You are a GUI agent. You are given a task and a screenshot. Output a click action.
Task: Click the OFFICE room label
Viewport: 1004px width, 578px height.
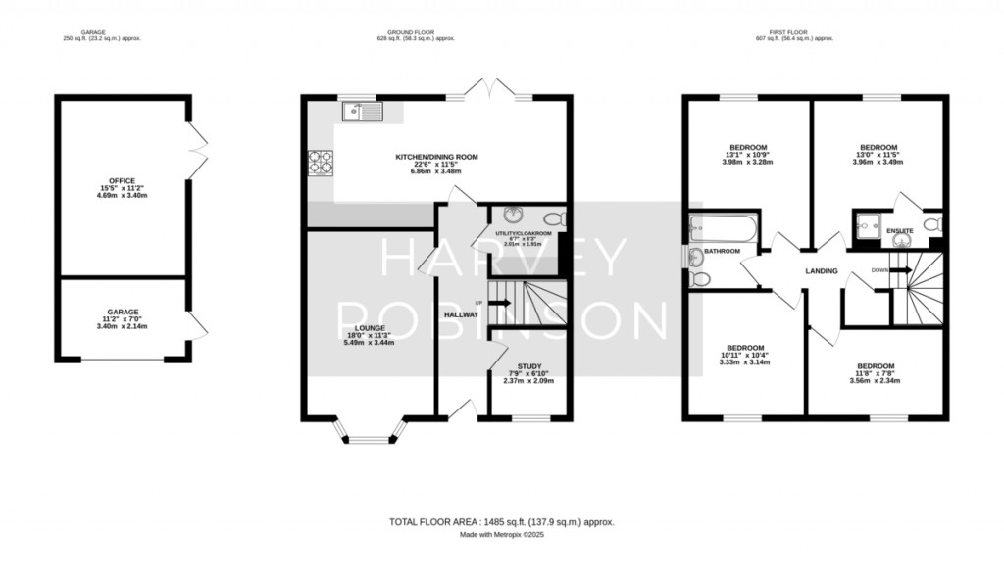point(122,180)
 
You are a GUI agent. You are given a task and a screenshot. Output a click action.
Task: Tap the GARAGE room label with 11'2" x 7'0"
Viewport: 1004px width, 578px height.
point(123,312)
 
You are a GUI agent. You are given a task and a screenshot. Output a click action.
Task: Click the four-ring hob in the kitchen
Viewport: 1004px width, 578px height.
point(322,160)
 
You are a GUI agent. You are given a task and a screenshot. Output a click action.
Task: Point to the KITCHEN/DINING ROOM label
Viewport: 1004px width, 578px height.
point(436,157)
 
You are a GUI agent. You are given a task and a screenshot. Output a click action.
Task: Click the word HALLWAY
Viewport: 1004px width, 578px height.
point(461,314)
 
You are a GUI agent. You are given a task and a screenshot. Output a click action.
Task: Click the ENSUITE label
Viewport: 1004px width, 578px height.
point(900,230)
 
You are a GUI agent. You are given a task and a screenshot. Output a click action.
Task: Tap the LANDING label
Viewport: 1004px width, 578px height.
point(822,271)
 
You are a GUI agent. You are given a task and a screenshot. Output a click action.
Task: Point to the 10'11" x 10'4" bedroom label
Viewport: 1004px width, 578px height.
point(744,347)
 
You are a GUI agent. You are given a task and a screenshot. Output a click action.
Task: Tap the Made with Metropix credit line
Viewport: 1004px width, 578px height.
point(502,535)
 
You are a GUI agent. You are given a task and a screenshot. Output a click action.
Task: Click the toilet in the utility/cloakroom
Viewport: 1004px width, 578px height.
point(556,218)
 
